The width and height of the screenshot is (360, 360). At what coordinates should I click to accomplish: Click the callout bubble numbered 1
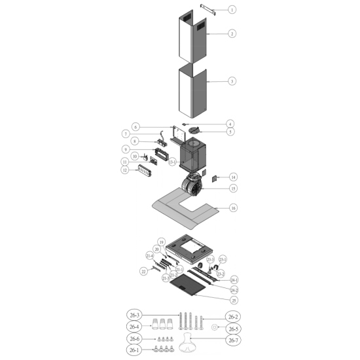point(232,10)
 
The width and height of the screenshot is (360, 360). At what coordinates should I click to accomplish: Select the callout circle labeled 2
point(232,34)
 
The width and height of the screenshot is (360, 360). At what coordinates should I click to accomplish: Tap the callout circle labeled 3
point(232,81)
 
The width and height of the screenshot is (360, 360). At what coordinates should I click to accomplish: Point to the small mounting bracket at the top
point(208,10)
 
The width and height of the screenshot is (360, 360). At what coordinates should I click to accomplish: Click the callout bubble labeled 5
point(230,132)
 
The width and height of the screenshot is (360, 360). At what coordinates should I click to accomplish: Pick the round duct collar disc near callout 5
point(194,130)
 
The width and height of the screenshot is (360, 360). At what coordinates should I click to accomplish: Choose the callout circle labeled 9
point(126,149)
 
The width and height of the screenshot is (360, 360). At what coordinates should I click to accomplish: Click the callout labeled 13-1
point(172,162)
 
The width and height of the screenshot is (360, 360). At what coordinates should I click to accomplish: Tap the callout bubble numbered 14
point(233,177)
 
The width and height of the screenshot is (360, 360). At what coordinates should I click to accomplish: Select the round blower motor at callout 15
point(192,185)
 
